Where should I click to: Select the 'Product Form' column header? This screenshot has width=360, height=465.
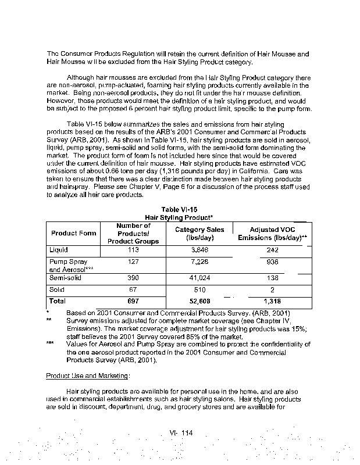tap(73, 233)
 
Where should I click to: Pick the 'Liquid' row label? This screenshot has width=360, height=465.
tap(59, 250)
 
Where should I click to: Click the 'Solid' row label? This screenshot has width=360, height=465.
tap(56, 289)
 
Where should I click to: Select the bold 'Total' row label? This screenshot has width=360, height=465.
tap(58, 301)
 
